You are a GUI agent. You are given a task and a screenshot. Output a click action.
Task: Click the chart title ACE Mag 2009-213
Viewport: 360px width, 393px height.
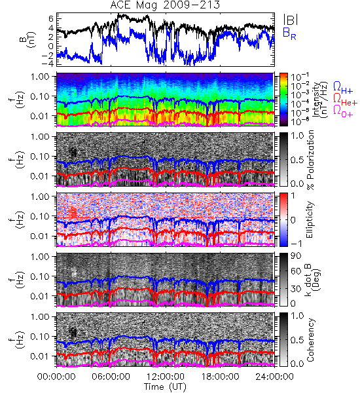pos(165,5)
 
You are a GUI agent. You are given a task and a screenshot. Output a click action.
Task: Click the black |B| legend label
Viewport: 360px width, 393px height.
pos(291,20)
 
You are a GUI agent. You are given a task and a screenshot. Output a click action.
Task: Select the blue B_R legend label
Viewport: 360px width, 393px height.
pos(289,33)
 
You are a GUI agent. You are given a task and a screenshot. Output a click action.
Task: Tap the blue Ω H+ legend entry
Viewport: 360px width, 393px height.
pos(343,88)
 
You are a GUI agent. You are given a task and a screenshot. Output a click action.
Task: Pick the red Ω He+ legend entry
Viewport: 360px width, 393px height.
pos(345,100)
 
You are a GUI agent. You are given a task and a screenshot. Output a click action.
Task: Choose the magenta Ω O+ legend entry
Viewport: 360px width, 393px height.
pos(343,111)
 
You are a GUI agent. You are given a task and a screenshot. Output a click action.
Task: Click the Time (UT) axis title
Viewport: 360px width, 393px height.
pos(166,387)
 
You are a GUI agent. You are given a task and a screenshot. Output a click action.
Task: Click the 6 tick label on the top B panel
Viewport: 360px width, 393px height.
pos(51,18)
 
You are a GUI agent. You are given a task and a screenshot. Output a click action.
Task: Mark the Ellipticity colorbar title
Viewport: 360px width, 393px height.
pos(310,219)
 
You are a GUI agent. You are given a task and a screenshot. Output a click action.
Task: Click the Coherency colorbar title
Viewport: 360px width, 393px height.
pos(310,340)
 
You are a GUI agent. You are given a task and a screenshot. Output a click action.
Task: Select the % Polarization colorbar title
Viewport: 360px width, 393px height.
pos(310,160)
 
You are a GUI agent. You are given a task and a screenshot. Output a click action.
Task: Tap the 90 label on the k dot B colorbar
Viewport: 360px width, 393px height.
pos(296,256)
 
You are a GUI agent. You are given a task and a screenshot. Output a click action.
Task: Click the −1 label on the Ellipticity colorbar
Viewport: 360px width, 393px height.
pos(296,244)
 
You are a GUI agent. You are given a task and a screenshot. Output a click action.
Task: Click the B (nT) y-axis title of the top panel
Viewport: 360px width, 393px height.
pos(28,39)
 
